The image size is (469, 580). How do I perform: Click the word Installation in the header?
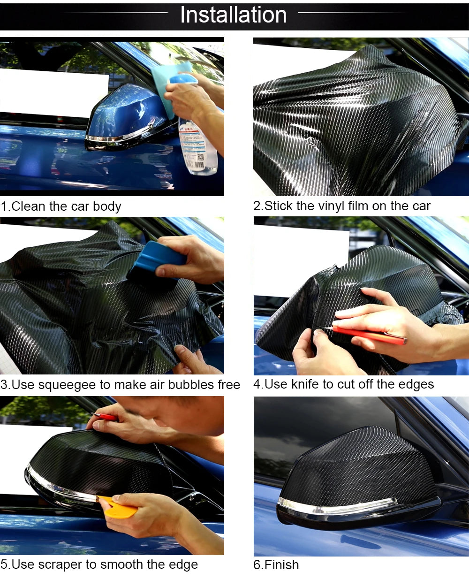point(233,15)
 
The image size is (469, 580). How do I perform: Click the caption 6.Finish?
point(276,565)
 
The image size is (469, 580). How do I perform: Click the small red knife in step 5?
point(105,417)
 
